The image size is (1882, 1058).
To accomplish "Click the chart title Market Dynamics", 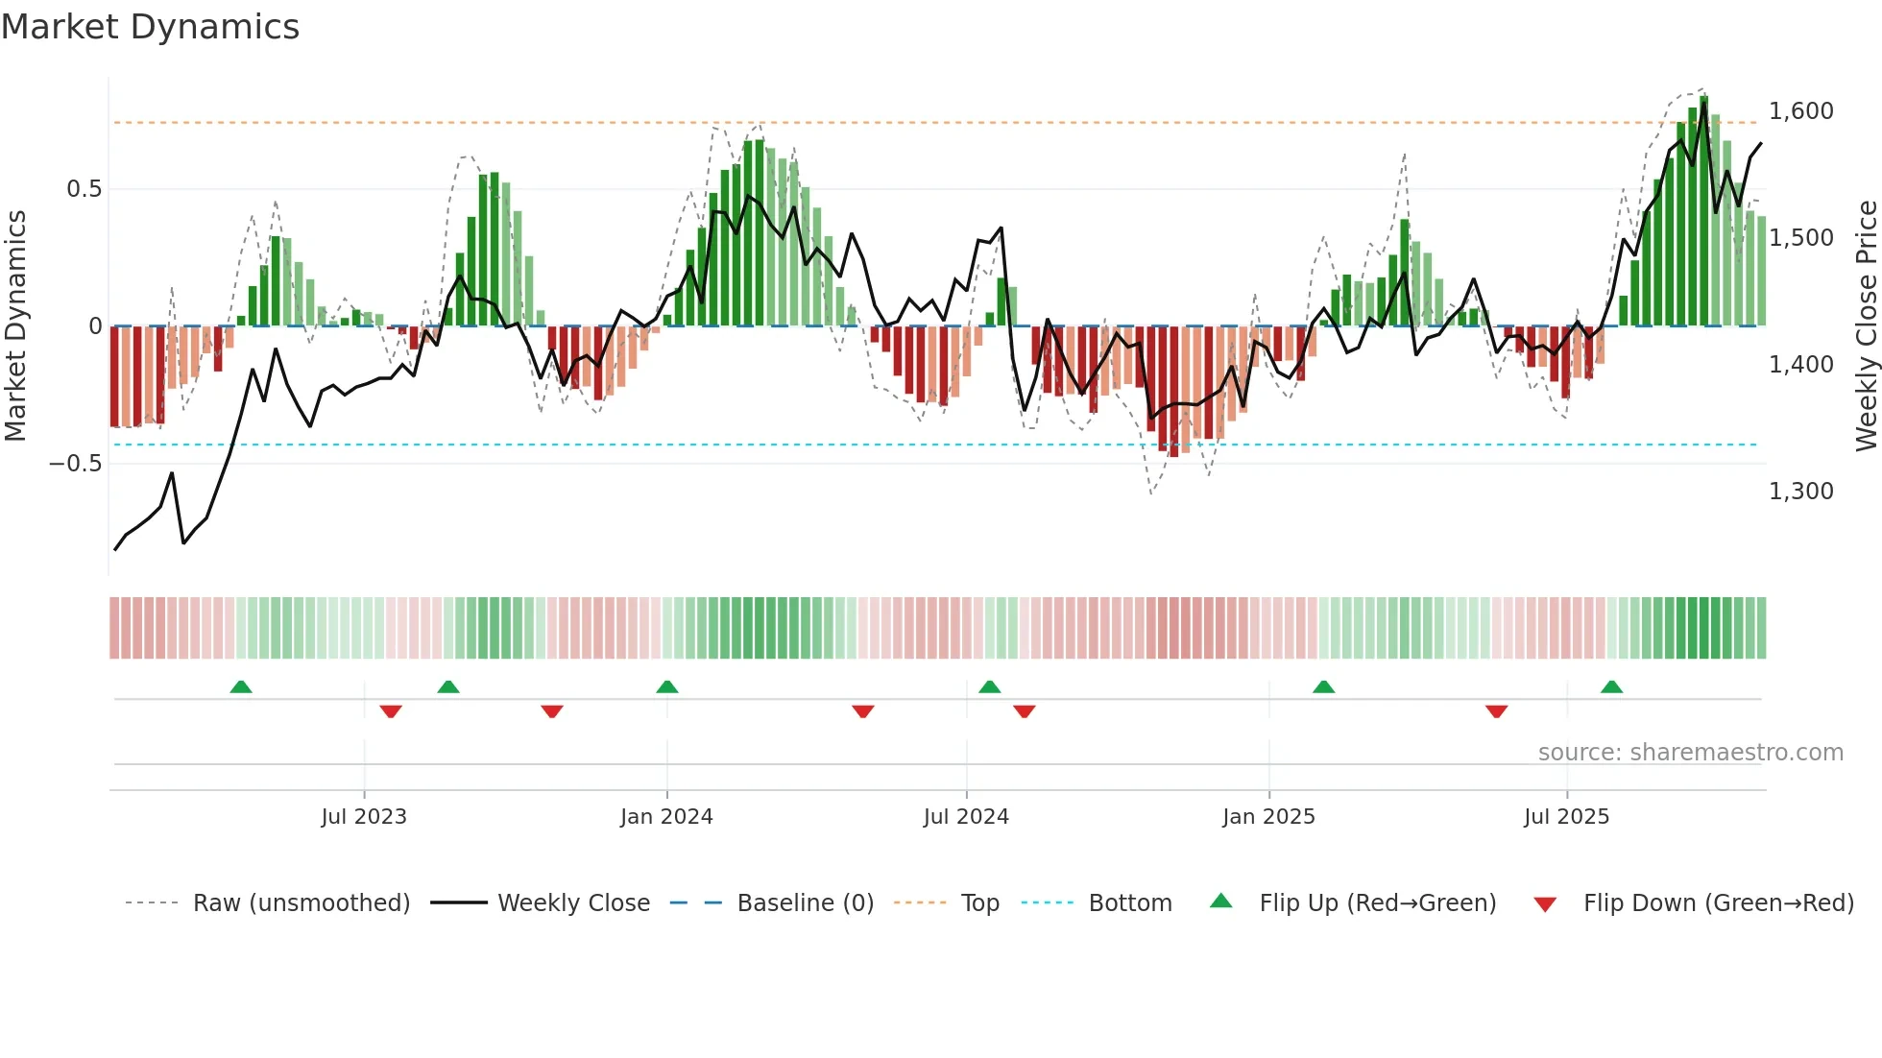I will [x=150, y=27].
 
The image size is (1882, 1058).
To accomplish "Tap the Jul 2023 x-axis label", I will [x=364, y=817].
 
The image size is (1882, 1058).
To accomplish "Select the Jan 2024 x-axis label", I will [x=666, y=817].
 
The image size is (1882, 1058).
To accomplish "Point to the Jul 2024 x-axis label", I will [x=966, y=817].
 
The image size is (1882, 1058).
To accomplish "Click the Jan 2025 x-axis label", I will [x=1268, y=817].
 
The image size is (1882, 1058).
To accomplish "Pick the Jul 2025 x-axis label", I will [x=1566, y=817].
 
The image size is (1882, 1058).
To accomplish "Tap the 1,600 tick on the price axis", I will [x=1801, y=111].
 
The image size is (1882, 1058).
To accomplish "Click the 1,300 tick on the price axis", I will [x=1801, y=492].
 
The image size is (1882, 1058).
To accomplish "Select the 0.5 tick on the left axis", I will [x=84, y=189].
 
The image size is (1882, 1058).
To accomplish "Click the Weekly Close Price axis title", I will [x=1867, y=325].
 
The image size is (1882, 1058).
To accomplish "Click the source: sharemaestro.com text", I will [x=1690, y=753].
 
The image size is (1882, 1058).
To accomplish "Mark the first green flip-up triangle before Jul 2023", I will [x=241, y=686].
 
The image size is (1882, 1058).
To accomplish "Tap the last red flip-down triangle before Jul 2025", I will [x=1496, y=711].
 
